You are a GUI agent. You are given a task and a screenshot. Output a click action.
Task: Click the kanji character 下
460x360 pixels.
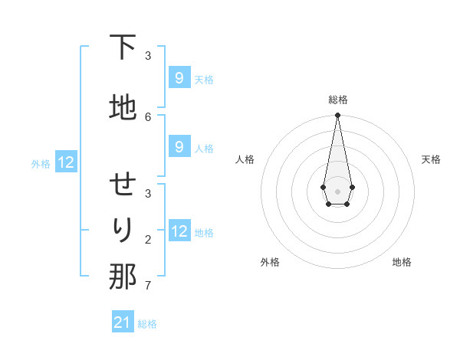click(x=123, y=47)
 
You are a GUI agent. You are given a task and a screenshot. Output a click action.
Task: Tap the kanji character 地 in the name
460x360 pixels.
click(x=123, y=107)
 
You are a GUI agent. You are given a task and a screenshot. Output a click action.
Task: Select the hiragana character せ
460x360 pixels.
click(x=123, y=185)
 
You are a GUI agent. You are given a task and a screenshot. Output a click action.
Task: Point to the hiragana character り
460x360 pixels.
click(x=123, y=230)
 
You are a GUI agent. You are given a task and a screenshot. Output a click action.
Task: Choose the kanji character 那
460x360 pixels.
click(x=123, y=277)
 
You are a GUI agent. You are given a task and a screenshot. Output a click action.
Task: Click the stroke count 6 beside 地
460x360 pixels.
click(x=148, y=116)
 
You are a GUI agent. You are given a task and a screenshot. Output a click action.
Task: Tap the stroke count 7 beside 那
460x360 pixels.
click(x=148, y=286)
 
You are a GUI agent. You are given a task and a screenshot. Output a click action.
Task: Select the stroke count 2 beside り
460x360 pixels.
click(x=148, y=240)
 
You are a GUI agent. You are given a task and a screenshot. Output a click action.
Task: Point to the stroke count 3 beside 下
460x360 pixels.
click(x=148, y=55)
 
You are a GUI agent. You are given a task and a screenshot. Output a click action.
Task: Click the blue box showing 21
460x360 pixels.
click(x=123, y=322)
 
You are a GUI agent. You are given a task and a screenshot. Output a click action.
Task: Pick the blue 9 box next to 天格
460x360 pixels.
click(x=179, y=77)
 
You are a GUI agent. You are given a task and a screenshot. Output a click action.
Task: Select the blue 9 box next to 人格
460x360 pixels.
click(x=179, y=147)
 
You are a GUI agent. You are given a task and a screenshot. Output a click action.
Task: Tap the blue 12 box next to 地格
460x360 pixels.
click(x=179, y=231)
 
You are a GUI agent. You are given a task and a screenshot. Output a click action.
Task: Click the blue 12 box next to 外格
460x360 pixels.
click(x=65, y=162)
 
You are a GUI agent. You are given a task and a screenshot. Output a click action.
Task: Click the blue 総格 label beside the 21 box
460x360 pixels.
click(x=147, y=324)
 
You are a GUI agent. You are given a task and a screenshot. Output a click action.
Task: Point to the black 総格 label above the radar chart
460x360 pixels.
click(x=338, y=100)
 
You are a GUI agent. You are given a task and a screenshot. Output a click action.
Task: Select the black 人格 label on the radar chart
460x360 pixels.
click(x=245, y=159)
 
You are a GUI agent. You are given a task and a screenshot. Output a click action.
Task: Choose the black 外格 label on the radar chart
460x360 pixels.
click(x=270, y=262)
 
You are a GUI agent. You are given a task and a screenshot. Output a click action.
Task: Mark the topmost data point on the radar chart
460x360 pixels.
click(x=338, y=116)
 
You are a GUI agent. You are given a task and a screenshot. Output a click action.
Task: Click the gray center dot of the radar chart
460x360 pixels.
click(x=338, y=191)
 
